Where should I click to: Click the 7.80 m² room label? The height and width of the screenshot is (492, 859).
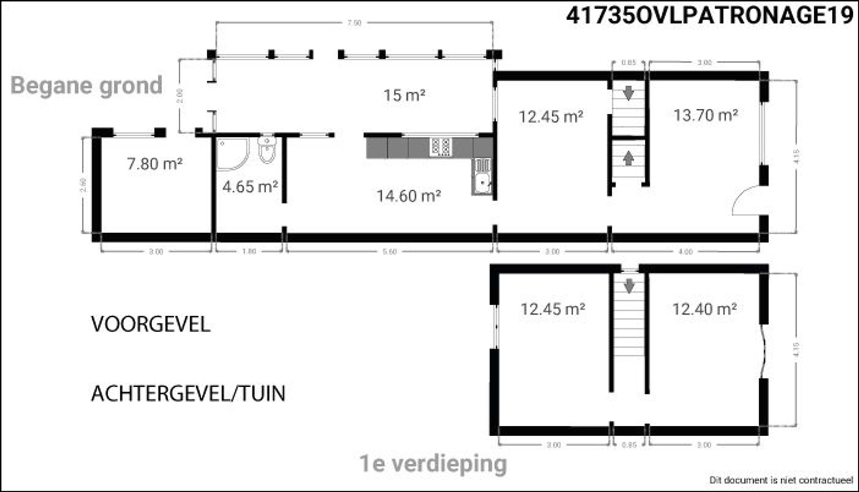155,164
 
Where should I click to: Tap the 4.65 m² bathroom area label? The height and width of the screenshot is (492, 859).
250,187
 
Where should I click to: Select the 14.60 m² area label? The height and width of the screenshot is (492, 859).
409,196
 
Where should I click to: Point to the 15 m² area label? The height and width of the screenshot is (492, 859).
404,96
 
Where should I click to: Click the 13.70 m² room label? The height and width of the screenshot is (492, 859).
706,115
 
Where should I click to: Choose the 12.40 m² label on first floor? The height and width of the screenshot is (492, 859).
705,309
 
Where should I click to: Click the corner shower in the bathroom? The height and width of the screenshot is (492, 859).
232,154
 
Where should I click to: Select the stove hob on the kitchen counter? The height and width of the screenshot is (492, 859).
441,147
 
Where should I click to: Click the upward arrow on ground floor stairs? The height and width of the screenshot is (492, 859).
628,158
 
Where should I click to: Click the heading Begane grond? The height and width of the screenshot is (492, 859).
86,86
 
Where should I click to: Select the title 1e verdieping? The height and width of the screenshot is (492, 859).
433,463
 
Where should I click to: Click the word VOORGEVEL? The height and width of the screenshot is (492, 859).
151,325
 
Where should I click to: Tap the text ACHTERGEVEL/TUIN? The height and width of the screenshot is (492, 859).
188,394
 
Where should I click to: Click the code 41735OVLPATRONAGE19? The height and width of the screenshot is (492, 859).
710,16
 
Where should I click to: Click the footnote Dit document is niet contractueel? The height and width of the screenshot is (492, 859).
781,480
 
